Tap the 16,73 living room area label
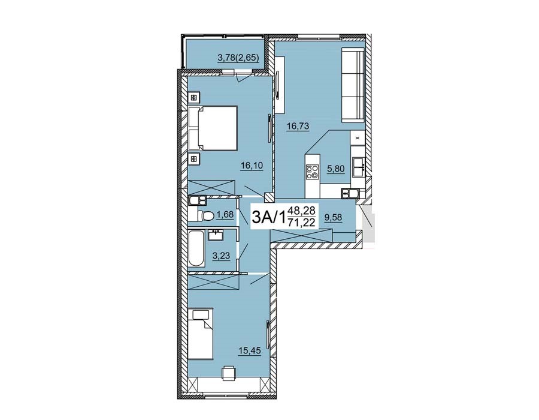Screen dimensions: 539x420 point(298,127)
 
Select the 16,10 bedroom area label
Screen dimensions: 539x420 point(252,166)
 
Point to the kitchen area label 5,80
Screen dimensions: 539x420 point(336,169)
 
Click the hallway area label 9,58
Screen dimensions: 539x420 point(334,217)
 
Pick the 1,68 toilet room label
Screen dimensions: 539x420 point(225,214)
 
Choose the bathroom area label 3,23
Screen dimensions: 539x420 point(221,256)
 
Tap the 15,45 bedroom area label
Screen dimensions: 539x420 point(250,350)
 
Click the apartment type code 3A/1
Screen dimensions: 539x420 point(269,217)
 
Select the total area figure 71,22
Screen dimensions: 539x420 point(302,223)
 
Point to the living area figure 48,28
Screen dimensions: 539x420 point(302,209)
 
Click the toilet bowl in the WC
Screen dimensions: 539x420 point(205,215)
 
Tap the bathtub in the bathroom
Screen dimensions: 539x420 point(196,248)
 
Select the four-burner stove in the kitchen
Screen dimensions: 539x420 point(313,171)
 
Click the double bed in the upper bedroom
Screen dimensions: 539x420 point(213,128)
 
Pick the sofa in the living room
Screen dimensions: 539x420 point(353,85)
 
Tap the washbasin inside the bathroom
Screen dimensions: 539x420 point(216,235)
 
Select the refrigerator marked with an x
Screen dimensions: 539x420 point(358,138)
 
